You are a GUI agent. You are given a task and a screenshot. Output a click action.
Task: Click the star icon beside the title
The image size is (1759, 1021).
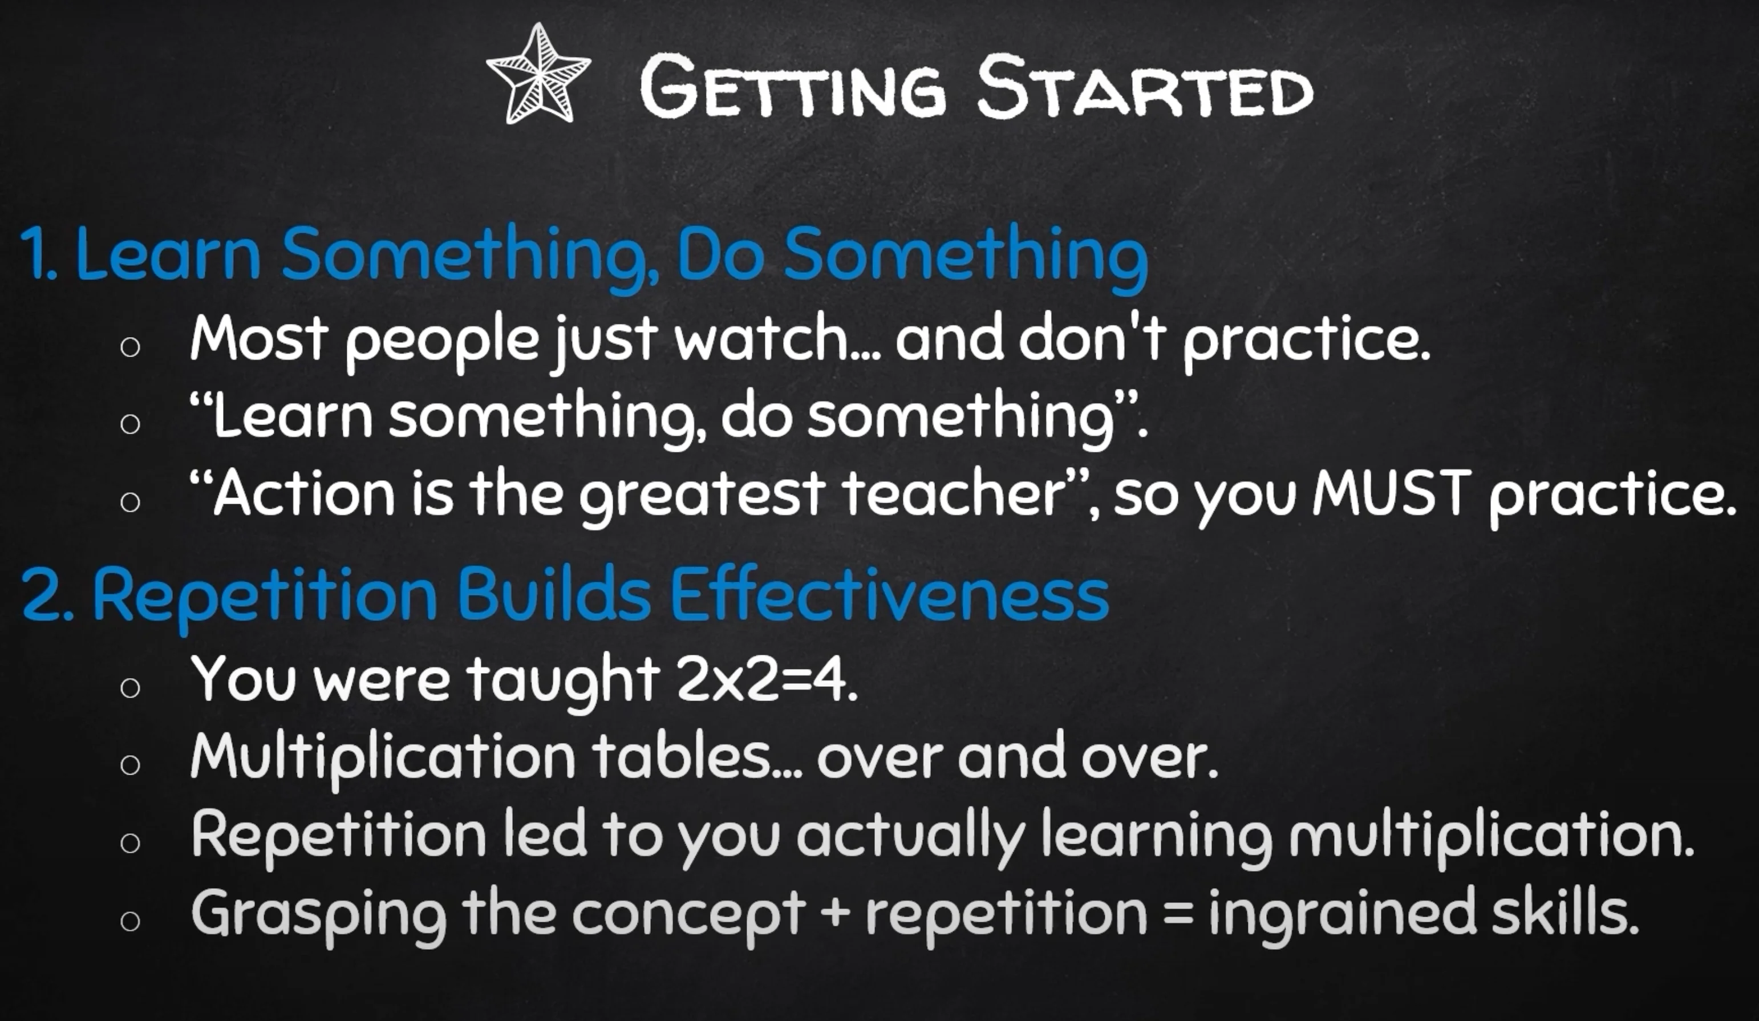pos(538,74)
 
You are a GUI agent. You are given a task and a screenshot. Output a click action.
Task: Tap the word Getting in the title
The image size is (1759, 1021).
pos(793,87)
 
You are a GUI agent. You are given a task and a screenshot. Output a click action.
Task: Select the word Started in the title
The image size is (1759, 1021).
pos(1144,87)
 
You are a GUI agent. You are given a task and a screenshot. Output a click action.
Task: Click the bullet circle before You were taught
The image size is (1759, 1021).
pos(130,687)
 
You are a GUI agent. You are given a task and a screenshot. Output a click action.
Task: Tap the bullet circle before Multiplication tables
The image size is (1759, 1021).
pos(130,765)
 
